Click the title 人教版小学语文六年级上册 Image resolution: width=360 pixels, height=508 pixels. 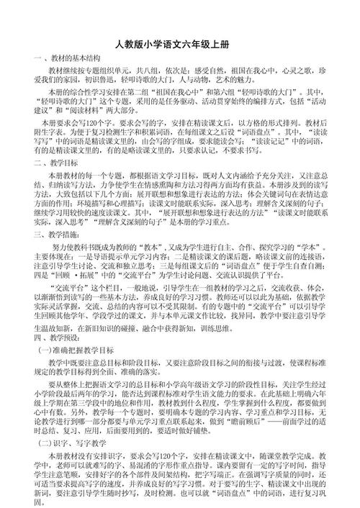tap(180, 44)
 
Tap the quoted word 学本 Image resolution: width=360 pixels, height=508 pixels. tap(316, 266)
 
